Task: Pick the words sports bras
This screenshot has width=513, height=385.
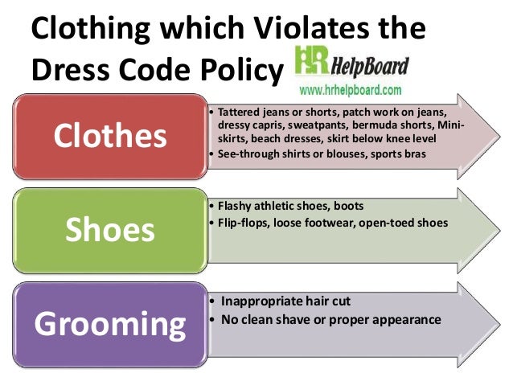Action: (x=389, y=152)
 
